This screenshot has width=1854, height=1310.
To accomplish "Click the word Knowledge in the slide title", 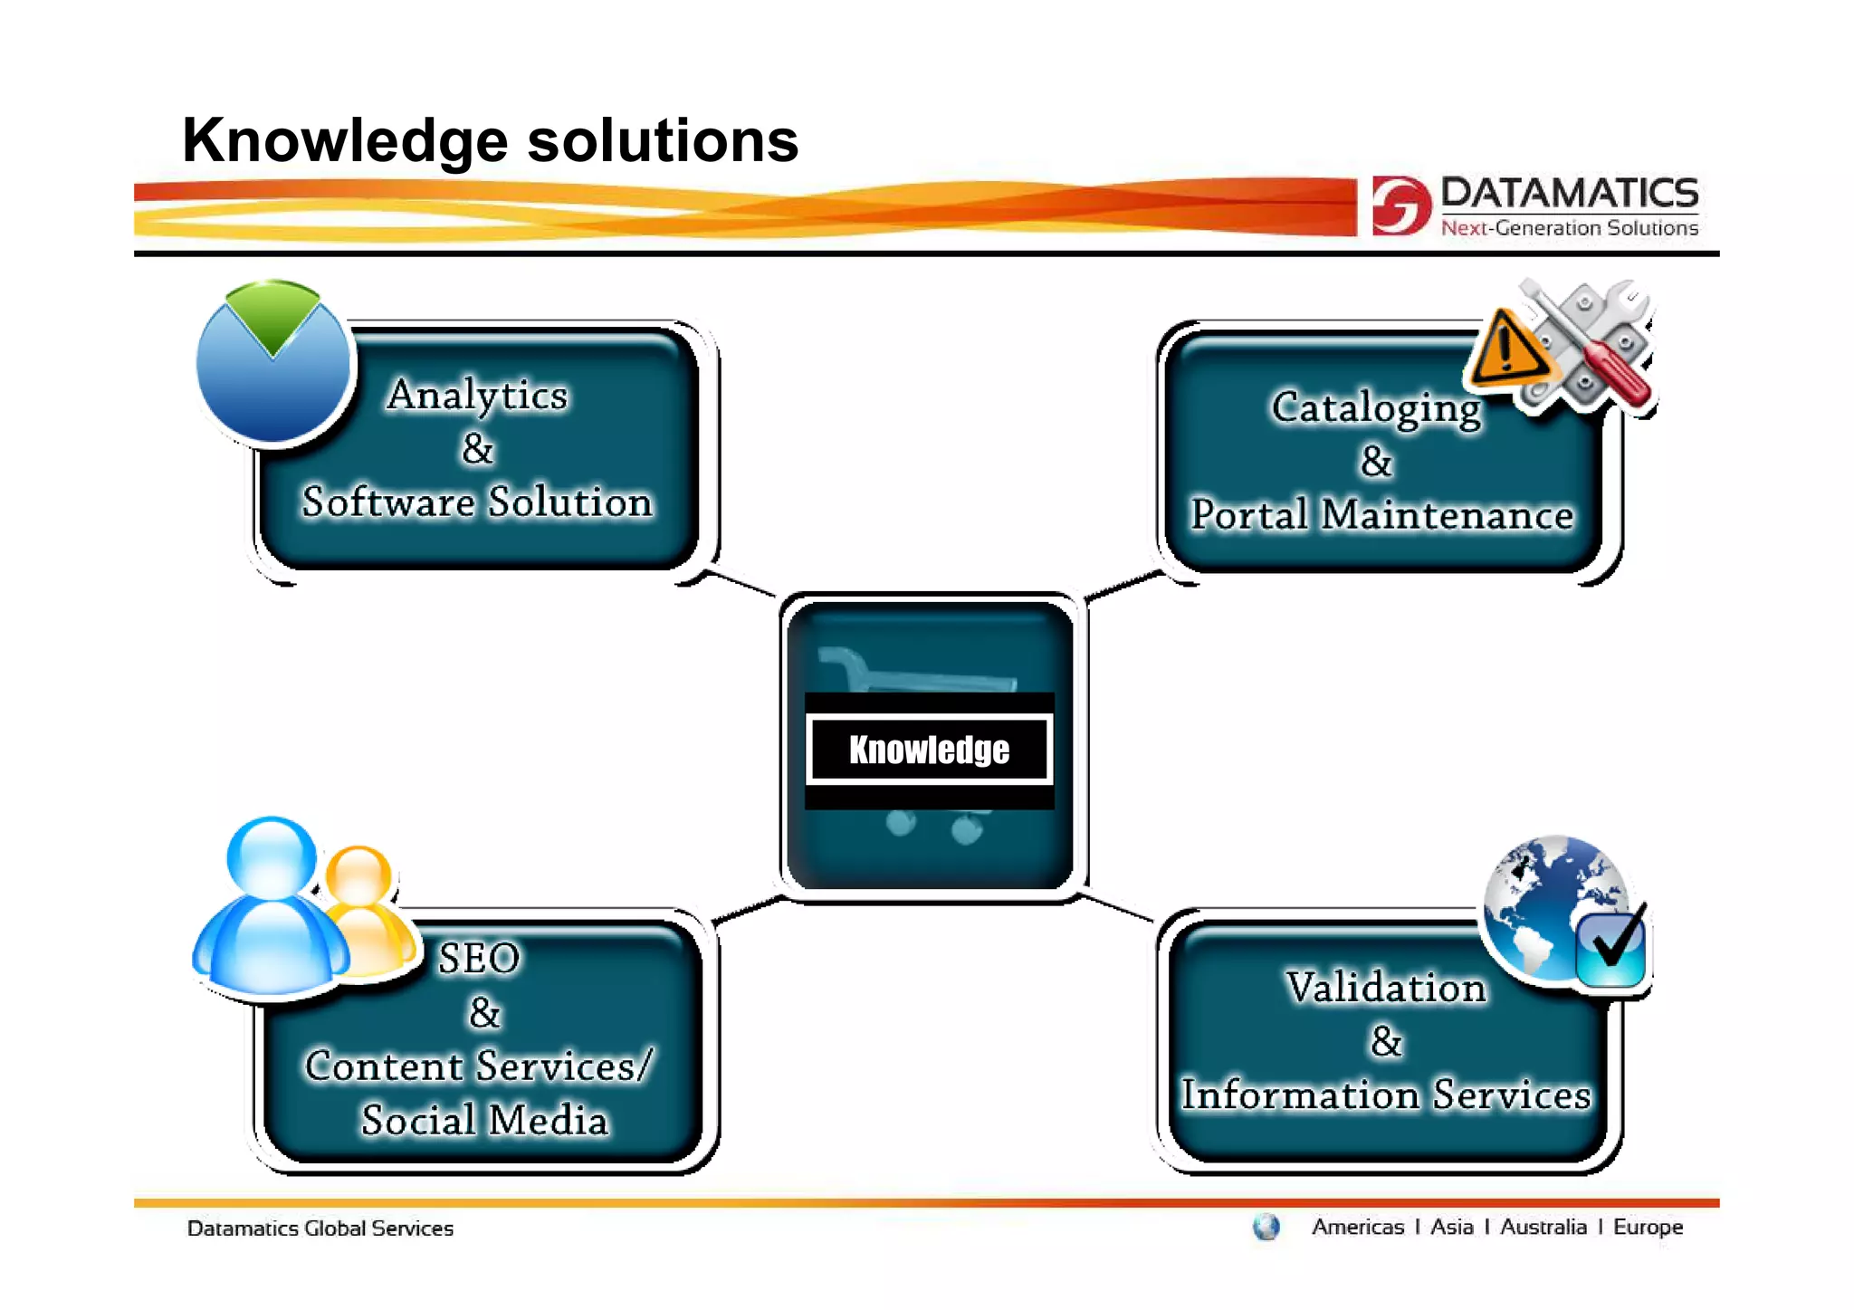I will point(345,141).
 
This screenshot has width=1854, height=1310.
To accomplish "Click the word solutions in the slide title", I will point(663,141).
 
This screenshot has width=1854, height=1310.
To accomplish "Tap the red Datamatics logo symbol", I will point(1400,206).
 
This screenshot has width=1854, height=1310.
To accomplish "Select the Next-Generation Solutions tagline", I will point(1569,228).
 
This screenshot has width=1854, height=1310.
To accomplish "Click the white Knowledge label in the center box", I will point(929,750).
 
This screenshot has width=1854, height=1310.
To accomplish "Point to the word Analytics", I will point(477,395).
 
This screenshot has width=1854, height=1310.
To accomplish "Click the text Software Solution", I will point(477,502).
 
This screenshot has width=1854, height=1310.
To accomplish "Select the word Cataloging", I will point(1376,407).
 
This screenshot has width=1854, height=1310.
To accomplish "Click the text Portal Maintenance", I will point(1381,515).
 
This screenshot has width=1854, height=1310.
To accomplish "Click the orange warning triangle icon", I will point(1506,351).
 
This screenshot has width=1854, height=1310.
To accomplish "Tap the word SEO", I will point(479,958).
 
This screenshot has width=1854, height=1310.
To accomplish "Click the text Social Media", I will point(484,1121).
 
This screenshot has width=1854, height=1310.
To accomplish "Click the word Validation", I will point(1386,988).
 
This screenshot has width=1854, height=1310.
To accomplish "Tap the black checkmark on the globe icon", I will point(1617,942).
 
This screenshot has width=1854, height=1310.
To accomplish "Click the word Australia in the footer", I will point(1543,1228).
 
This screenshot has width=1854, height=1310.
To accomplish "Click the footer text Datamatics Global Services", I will point(320,1229).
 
